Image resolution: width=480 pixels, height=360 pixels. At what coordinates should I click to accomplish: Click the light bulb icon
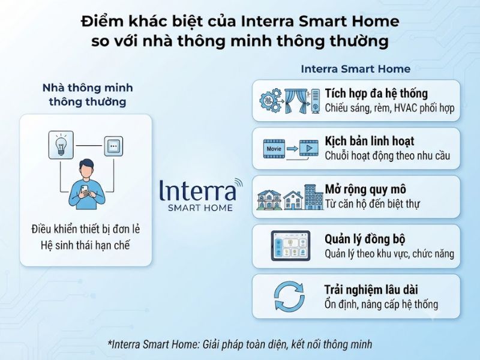(x=61, y=145)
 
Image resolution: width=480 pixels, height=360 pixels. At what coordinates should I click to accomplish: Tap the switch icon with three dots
(x=113, y=146)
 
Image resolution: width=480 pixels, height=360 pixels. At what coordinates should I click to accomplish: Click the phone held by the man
(x=84, y=190)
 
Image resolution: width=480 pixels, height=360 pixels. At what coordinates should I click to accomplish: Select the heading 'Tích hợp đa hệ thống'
(x=376, y=94)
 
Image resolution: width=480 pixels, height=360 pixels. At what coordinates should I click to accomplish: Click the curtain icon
(x=296, y=101)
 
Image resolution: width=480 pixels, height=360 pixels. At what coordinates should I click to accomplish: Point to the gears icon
(x=271, y=100)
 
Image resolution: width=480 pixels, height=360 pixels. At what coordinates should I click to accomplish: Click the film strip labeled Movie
(x=274, y=149)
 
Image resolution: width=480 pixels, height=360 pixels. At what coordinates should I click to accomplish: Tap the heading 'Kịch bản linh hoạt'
(x=370, y=141)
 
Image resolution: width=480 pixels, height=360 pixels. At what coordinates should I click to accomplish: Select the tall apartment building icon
(x=314, y=197)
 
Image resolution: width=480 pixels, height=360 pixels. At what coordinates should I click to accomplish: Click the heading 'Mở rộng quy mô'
(x=365, y=190)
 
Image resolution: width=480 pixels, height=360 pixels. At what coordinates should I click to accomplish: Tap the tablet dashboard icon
(x=290, y=246)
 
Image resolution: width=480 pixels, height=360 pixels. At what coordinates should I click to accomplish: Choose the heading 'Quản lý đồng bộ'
(x=365, y=239)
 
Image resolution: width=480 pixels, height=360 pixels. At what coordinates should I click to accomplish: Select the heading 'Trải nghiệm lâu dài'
(x=371, y=290)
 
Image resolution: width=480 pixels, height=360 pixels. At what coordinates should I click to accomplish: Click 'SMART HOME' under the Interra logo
(x=200, y=208)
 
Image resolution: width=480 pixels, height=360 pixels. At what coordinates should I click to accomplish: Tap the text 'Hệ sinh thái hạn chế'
(x=85, y=245)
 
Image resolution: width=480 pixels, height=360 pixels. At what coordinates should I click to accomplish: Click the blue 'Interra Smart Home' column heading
(x=356, y=69)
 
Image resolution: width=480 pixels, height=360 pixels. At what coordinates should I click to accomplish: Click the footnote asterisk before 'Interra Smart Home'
(x=110, y=341)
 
